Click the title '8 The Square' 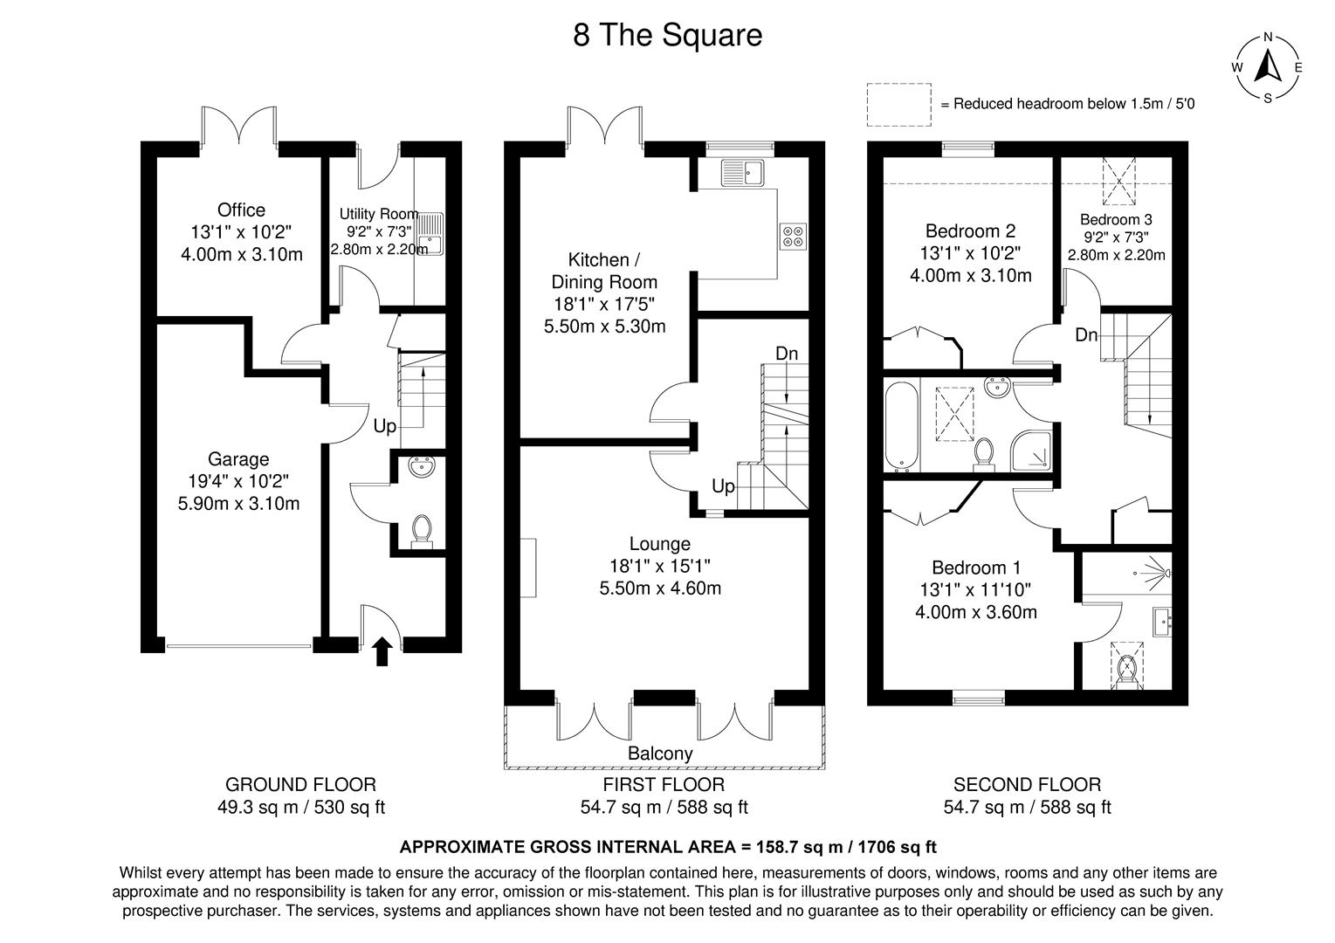click(x=667, y=36)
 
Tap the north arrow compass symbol click(x=1267, y=67)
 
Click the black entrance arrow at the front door click(x=382, y=651)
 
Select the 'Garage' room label click(x=238, y=459)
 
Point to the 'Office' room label click(x=241, y=210)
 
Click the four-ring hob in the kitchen click(x=794, y=236)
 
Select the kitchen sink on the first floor click(x=742, y=173)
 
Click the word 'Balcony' click(x=660, y=754)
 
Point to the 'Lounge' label click(x=660, y=544)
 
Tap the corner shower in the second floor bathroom click(x=1032, y=450)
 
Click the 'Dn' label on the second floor click(x=1086, y=334)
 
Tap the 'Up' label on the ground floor click(x=384, y=426)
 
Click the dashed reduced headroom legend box click(x=898, y=103)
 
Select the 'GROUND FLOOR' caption click(x=300, y=785)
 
